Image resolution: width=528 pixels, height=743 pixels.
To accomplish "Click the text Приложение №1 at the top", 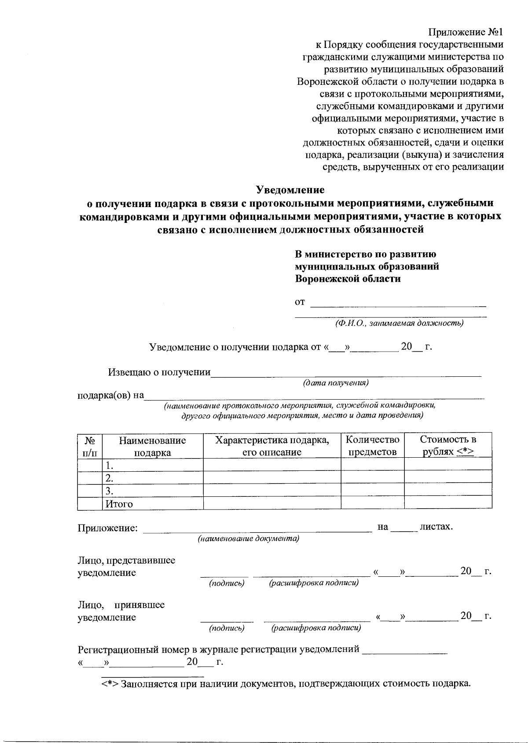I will (x=465, y=33).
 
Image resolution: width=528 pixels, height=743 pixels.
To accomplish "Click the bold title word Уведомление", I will (x=290, y=190).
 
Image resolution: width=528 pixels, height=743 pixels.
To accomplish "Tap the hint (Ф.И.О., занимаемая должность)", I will (x=399, y=324).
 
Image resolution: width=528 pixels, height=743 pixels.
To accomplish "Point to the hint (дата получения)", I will (x=335, y=383).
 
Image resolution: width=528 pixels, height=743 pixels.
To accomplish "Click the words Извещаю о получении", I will (x=159, y=372).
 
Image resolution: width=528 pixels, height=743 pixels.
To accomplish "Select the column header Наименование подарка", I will (x=152, y=446).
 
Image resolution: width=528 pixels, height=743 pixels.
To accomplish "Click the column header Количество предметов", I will (x=372, y=446).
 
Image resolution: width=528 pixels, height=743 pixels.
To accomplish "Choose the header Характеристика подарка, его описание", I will (x=271, y=446).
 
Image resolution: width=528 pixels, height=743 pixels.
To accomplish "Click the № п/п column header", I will (x=90, y=446).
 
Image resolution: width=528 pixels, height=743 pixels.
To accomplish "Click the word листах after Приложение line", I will (x=436, y=526).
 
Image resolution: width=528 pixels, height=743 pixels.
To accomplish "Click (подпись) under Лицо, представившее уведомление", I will (x=227, y=583).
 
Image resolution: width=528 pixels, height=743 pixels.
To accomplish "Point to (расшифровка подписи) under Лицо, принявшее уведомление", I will (x=316, y=628).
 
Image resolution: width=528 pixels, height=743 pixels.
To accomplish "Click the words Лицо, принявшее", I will (x=121, y=605).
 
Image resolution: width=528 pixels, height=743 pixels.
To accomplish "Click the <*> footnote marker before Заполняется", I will (x=110, y=684).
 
